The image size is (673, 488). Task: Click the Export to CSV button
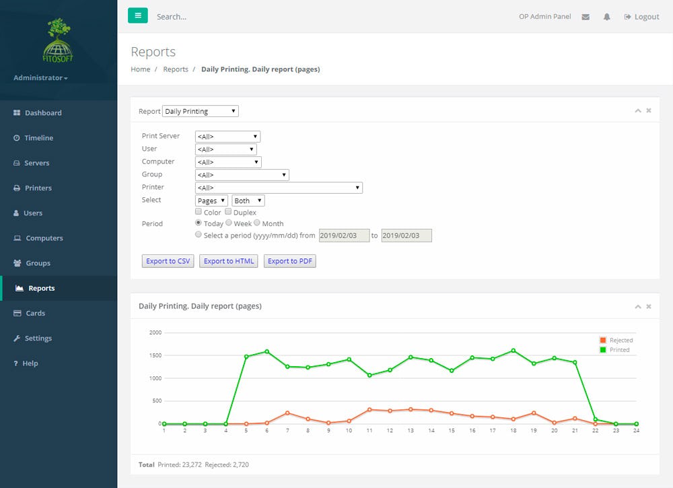(x=168, y=261)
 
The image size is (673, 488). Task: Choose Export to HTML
(x=229, y=261)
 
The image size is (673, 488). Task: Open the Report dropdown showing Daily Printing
(x=201, y=111)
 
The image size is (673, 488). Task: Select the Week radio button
(x=229, y=223)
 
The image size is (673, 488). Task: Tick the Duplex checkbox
(x=228, y=212)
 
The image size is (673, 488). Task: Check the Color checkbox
(x=199, y=212)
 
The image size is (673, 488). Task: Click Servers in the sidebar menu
(x=37, y=163)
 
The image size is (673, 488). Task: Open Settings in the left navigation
(x=38, y=339)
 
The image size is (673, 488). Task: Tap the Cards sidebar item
(x=35, y=313)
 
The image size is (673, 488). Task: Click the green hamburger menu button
(x=137, y=15)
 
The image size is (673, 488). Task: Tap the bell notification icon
(x=606, y=17)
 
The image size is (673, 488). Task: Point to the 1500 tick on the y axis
(x=155, y=355)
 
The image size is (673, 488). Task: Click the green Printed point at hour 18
(x=513, y=350)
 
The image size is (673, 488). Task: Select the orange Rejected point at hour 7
(x=287, y=413)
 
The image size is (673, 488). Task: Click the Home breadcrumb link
(x=141, y=69)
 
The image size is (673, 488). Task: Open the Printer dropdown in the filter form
(x=279, y=188)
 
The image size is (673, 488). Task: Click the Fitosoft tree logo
(x=59, y=40)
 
